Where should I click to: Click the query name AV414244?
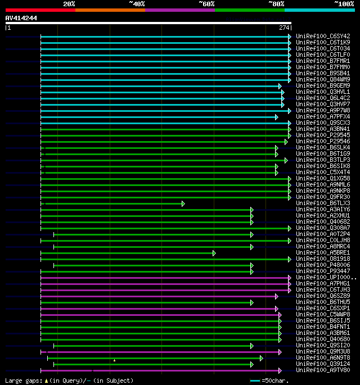click(21, 18)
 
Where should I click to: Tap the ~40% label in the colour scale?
click(137, 3)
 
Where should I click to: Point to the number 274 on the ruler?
click(283, 28)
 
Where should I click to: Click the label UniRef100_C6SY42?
click(323, 36)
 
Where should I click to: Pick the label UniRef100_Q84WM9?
click(323, 79)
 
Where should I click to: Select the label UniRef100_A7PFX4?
click(323, 116)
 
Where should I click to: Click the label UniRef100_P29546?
click(323, 141)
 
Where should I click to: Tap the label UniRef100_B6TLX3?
click(323, 203)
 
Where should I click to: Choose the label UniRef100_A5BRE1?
click(323, 252)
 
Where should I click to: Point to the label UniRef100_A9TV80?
click(323, 370)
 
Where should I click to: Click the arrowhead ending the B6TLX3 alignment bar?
click(183, 203)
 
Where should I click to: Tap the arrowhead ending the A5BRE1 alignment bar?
click(214, 253)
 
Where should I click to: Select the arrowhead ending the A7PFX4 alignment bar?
click(276, 117)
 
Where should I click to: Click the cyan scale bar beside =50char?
click(255, 381)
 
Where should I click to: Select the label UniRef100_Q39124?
click(323, 364)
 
